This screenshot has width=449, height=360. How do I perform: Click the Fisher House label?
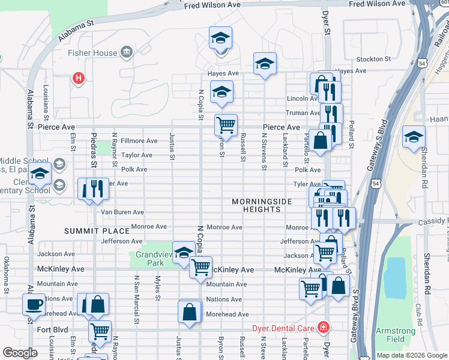point(92,53)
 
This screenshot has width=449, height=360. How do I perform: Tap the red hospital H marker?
point(77,77)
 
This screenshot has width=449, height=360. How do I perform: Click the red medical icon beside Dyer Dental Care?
point(324,327)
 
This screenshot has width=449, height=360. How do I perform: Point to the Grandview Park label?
point(149,259)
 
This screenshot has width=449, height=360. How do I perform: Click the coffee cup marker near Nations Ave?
point(34,304)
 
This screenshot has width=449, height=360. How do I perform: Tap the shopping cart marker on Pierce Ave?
point(226,125)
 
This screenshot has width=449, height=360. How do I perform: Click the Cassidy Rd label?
point(432,221)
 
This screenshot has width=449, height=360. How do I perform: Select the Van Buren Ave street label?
point(122,212)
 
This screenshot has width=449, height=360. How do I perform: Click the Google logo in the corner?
point(20,353)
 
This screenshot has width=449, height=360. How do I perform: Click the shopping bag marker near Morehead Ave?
point(190,312)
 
